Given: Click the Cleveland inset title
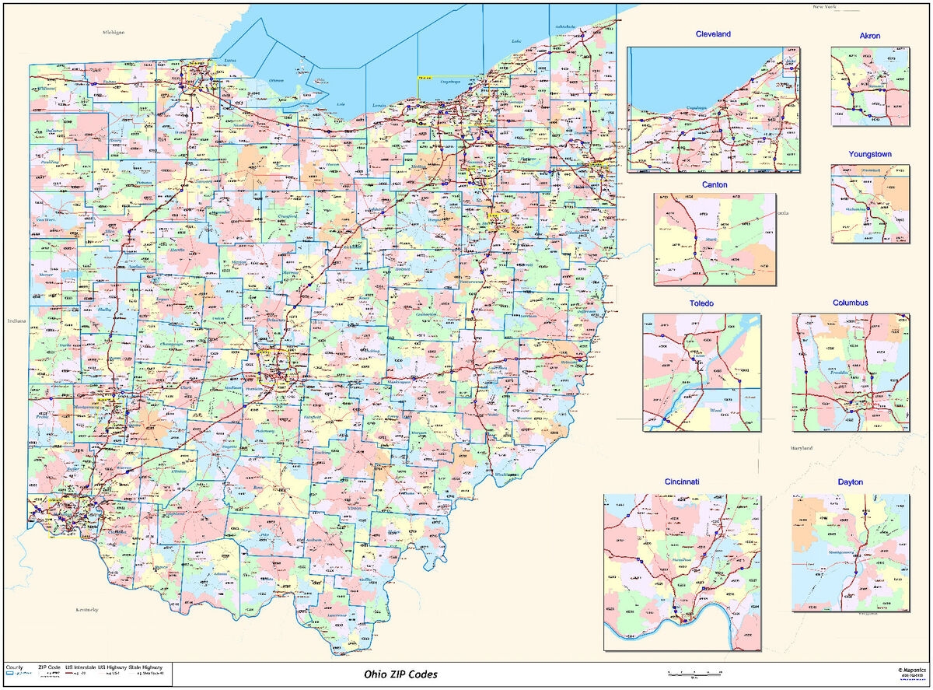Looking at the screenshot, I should (x=713, y=35).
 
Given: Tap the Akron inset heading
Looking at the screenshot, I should (x=870, y=36).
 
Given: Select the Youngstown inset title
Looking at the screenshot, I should (x=869, y=154).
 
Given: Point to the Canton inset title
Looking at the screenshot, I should (x=715, y=184).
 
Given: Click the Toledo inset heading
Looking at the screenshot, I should (x=701, y=303).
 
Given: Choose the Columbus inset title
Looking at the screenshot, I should (x=850, y=303).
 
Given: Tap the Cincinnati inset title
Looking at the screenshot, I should (x=682, y=482).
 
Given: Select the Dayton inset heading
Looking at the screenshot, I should (x=851, y=482).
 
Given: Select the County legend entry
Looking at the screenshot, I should (x=15, y=667).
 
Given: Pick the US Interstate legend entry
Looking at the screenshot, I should (x=79, y=667).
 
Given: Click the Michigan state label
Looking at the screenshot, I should (x=114, y=33).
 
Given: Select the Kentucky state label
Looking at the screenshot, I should (x=87, y=609).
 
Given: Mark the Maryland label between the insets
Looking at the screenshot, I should (x=802, y=449).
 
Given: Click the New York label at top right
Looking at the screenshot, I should (x=825, y=6).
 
